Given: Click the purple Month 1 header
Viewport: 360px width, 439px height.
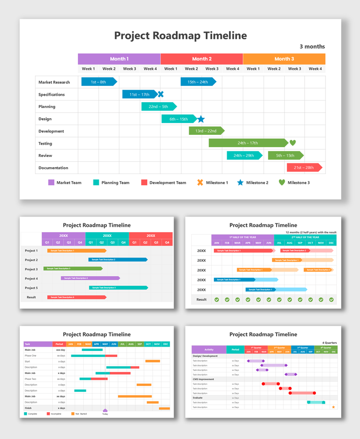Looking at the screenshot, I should [x=119, y=59].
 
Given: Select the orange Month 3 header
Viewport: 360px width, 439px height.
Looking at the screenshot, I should [x=284, y=59].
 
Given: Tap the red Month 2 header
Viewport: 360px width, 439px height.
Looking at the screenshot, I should [x=201, y=59].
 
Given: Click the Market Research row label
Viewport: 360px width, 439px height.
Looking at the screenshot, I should [x=54, y=82].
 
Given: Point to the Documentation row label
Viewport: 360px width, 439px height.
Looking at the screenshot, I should [x=53, y=168].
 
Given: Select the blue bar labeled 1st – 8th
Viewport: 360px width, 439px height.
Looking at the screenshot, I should [x=98, y=82].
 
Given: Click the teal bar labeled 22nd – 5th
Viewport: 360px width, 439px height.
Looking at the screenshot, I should [x=158, y=106].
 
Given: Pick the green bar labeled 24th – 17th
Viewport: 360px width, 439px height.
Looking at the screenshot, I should [x=248, y=143].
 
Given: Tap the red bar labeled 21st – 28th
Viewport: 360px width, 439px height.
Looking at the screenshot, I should [x=303, y=168].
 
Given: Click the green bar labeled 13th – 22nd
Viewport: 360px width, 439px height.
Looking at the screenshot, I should [x=206, y=131].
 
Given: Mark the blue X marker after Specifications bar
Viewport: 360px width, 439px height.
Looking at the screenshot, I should [x=160, y=94].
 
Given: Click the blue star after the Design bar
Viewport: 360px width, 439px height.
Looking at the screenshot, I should [x=200, y=119].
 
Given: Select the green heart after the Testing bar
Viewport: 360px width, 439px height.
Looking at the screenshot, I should [x=293, y=143].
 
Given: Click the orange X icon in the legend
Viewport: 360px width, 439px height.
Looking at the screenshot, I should [x=200, y=183].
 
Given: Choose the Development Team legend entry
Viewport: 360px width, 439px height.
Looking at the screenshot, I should [x=163, y=183].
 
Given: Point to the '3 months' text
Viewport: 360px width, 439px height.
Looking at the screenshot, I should [x=312, y=47].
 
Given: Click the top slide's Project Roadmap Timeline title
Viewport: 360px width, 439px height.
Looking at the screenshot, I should [x=181, y=35].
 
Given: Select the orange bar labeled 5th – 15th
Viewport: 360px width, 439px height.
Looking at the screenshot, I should [x=285, y=155].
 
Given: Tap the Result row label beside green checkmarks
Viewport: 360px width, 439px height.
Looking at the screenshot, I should [x=201, y=299].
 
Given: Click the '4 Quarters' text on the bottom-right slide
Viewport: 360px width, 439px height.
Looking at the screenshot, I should [x=329, y=342].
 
